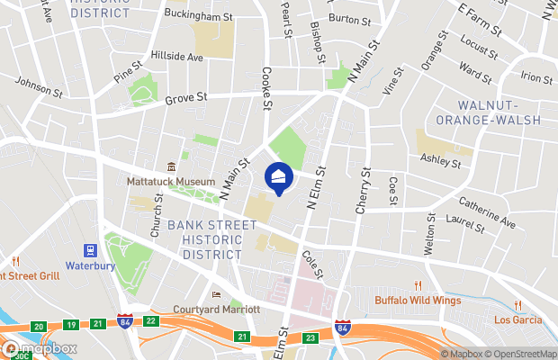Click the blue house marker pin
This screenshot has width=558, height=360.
click(x=279, y=177)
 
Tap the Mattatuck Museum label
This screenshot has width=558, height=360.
click(x=176, y=181)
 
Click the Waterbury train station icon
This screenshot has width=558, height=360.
click(x=90, y=251)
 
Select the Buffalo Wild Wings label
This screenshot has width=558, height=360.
click(x=418, y=301)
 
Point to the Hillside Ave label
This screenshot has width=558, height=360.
click(x=176, y=56)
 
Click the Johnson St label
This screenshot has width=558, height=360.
click(x=38, y=87)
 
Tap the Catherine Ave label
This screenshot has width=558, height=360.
click(x=486, y=212)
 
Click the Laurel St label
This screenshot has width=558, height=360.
click(x=465, y=225)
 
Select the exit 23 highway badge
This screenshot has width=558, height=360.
click(x=311, y=337)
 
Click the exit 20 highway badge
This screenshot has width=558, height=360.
click(x=39, y=326)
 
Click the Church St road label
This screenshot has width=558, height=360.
click(x=157, y=217)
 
